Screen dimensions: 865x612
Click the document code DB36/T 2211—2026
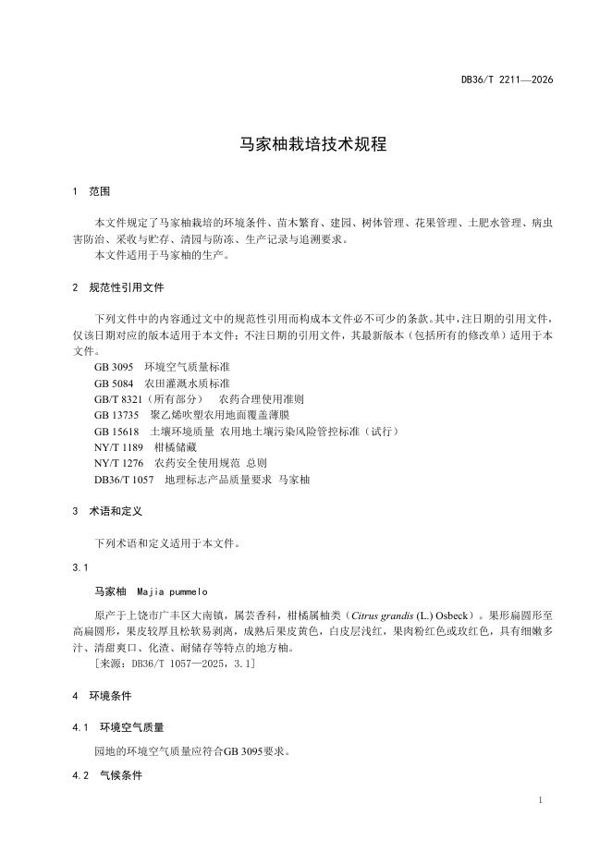(507, 80)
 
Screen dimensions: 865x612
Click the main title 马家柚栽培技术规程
(306, 145)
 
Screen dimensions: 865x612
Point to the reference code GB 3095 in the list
(114, 366)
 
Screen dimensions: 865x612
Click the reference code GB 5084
(114, 383)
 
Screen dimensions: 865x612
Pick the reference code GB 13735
(116, 415)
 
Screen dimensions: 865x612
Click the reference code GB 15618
(116, 432)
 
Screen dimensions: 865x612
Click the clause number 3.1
(80, 567)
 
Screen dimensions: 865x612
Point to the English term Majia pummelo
(173, 591)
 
